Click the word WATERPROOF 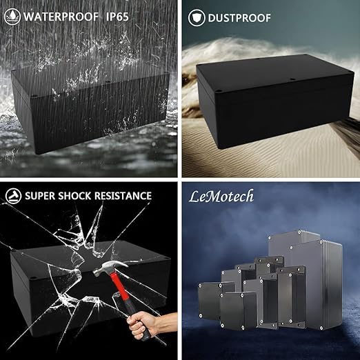click(x=61, y=17)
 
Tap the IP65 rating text click(x=117, y=17)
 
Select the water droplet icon click(x=12, y=17)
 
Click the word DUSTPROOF click(x=239, y=18)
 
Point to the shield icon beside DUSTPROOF click(x=197, y=18)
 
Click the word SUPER click(x=40, y=196)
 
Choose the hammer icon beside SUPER click(x=13, y=196)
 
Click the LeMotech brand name click(x=221, y=197)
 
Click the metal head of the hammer click(x=110, y=268)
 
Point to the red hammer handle click(x=121, y=294)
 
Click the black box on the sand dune click(x=274, y=101)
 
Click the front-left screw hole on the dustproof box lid click(x=219, y=91)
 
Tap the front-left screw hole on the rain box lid click(x=34, y=95)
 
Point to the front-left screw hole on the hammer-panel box click(x=32, y=278)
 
